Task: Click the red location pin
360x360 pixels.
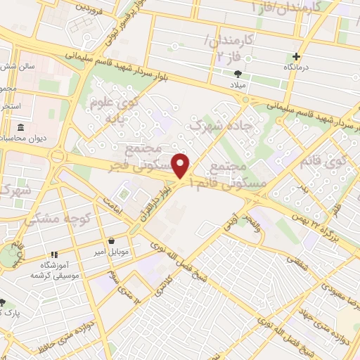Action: [x=182, y=165]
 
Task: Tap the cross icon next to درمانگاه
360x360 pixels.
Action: [x=296, y=57]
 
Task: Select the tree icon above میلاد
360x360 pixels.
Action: [x=238, y=72]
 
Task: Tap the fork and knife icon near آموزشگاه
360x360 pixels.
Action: [x=53, y=255]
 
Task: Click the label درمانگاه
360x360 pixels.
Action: [x=296, y=67]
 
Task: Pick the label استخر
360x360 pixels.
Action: [x=11, y=105]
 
